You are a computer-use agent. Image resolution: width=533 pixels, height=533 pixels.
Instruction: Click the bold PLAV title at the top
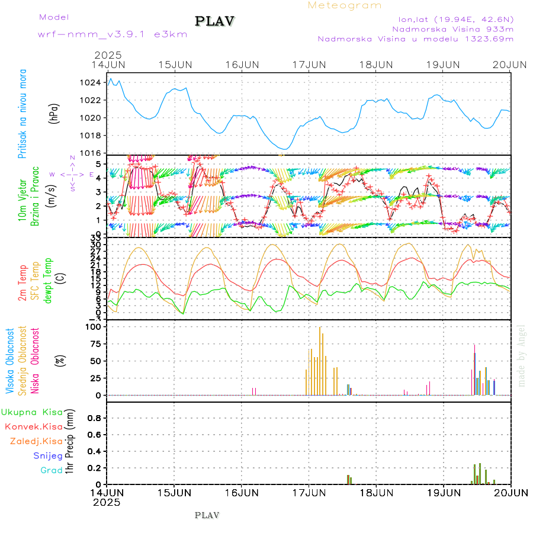tap(215, 21)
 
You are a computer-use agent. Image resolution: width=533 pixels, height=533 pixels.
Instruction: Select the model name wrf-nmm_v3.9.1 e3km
tap(113, 34)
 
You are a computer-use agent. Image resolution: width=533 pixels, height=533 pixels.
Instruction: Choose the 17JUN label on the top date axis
tap(309, 64)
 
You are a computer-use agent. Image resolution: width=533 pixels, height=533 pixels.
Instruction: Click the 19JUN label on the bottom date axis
tap(443, 492)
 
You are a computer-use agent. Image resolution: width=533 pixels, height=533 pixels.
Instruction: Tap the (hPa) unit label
tap(53, 113)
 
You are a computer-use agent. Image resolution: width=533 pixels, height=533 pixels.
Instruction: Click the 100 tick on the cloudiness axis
tap(94, 326)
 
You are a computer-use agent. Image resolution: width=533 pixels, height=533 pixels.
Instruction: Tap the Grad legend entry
tap(51, 471)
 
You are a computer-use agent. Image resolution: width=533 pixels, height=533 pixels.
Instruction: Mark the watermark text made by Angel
tap(522, 355)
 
